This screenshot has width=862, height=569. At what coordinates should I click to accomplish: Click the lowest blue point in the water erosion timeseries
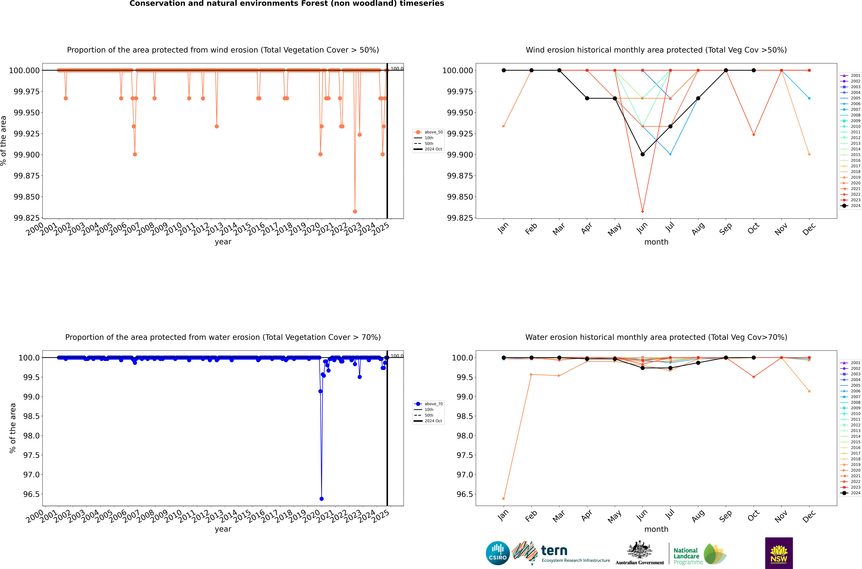point(321,499)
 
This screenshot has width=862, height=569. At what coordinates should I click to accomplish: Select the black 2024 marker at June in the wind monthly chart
point(643,154)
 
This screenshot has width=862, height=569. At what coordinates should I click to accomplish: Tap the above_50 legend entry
point(429,132)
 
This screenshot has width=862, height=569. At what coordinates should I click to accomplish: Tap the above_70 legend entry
point(429,404)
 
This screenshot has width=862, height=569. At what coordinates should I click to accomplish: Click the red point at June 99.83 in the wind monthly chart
point(643,212)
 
